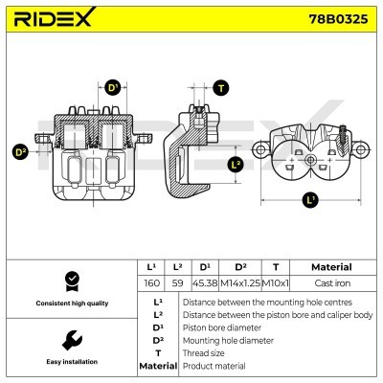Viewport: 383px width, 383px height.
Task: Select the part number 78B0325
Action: point(338,19)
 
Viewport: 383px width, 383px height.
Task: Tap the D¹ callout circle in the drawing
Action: point(113,87)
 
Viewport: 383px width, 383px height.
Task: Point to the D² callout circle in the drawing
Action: point(20,151)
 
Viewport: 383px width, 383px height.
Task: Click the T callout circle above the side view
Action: point(221,88)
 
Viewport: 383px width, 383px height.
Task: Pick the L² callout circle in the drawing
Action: point(236,165)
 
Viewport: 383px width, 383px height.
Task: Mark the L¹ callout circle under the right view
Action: point(310,200)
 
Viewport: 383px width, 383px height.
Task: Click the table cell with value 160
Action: point(151,283)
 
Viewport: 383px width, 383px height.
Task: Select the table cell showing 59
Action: point(177,283)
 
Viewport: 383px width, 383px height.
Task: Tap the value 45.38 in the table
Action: point(205,283)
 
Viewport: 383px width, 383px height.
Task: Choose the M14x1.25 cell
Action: point(240,283)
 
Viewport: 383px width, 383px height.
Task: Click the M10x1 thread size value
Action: point(276,283)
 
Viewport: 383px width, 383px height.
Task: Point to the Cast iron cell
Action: point(332,283)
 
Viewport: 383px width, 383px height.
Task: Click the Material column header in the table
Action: point(331,267)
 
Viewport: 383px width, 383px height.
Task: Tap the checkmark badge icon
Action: point(73,282)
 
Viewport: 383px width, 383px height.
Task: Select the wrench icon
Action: point(72,340)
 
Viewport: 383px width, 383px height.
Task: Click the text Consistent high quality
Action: point(72,304)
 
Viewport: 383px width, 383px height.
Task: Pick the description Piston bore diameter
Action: point(222,327)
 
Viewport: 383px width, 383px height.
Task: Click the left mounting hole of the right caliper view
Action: point(259,149)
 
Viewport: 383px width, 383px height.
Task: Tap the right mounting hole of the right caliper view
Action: point(361,149)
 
